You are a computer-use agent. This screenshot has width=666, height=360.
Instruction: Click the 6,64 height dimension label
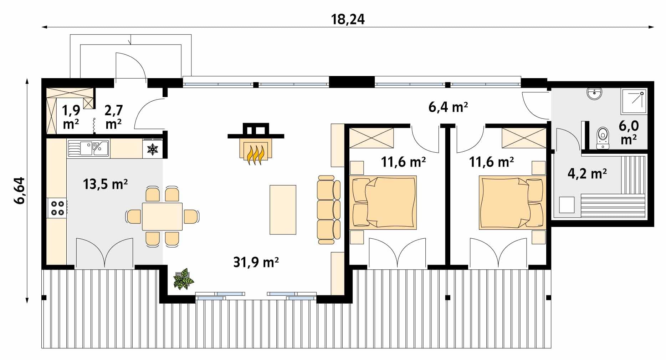click(x=20, y=190)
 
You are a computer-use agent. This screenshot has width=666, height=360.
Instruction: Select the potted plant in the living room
click(x=184, y=279)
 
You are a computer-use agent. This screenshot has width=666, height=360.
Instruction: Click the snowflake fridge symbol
click(x=153, y=149)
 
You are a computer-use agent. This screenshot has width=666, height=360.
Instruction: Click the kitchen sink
click(x=88, y=148)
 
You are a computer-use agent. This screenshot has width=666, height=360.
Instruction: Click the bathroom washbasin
click(x=595, y=93)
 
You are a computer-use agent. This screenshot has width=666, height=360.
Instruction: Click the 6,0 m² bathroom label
click(x=629, y=132)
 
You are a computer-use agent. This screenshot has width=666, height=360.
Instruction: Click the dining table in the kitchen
click(x=162, y=217)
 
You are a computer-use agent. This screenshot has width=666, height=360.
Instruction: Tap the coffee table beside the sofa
click(x=283, y=209)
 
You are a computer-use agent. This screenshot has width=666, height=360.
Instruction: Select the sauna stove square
click(x=567, y=205)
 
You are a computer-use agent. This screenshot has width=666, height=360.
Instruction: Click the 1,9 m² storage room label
click(x=71, y=117)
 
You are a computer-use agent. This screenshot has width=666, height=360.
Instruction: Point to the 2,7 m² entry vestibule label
click(x=113, y=117)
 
